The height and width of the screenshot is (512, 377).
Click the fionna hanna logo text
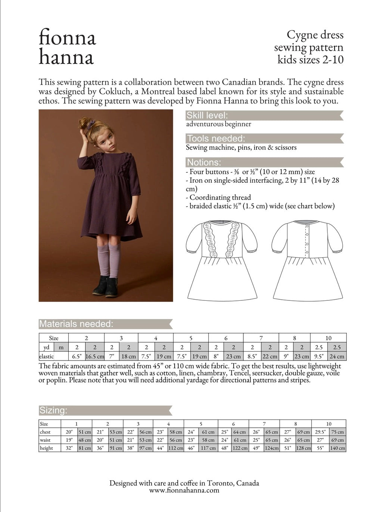click(x=67, y=47)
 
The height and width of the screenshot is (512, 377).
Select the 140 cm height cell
click(x=337, y=448)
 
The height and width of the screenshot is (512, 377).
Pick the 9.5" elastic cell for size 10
click(x=319, y=356)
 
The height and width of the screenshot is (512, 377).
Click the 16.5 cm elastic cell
click(x=95, y=356)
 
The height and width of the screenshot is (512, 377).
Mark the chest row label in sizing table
click(x=45, y=432)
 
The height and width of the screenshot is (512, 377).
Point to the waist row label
click(x=45, y=440)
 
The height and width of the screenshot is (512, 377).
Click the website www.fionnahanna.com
click(x=184, y=490)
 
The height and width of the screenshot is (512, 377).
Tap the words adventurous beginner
click(x=218, y=124)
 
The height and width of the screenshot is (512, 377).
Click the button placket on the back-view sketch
click(x=307, y=241)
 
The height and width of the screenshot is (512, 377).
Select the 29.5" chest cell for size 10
click(x=320, y=432)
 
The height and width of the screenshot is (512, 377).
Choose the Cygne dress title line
click(x=315, y=35)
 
